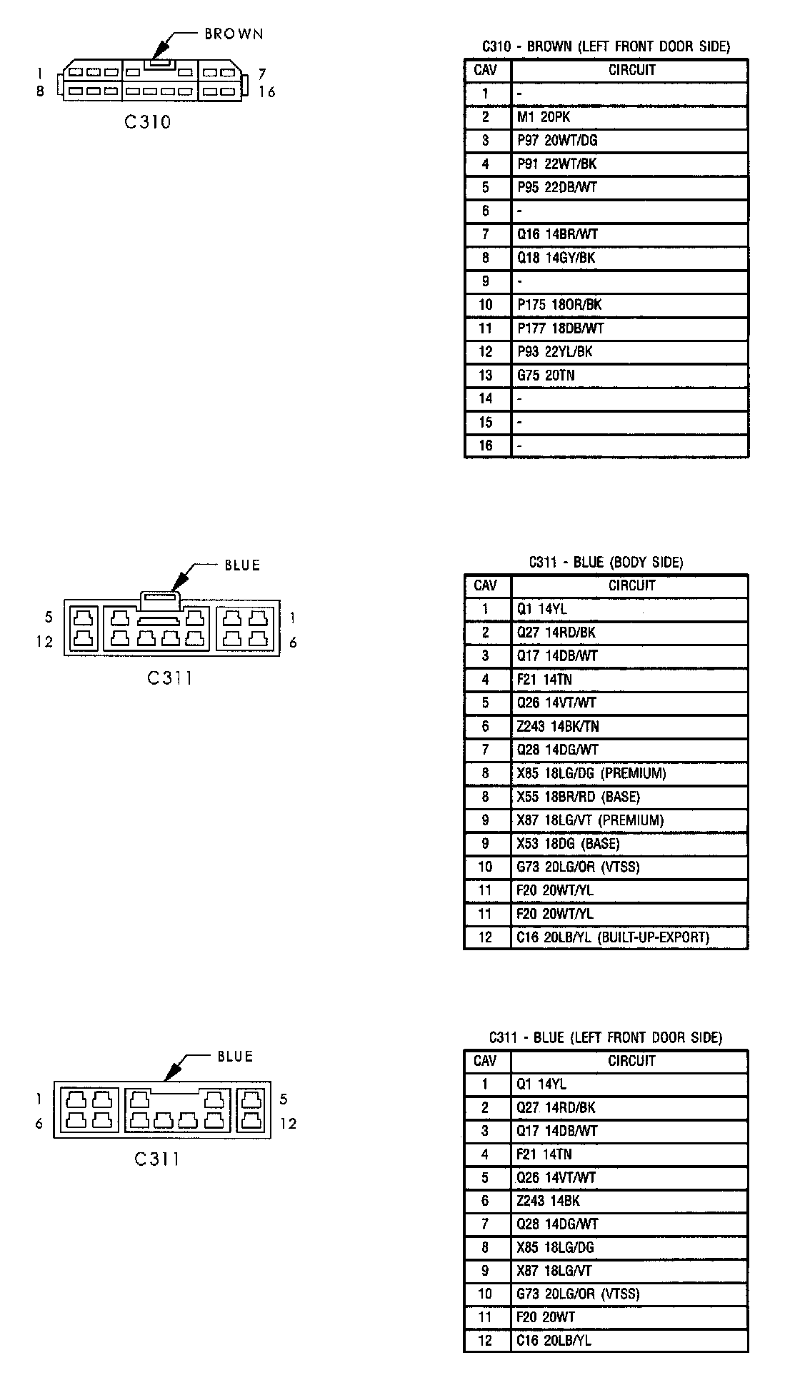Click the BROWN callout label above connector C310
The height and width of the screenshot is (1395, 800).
[x=234, y=34]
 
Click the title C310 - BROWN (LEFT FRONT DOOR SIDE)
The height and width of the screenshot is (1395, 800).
[x=606, y=47]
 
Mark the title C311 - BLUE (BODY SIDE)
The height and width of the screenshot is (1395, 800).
[x=606, y=563]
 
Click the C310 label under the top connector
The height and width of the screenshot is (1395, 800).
[x=148, y=122]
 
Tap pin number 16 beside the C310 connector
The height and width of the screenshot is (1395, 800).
[x=267, y=92]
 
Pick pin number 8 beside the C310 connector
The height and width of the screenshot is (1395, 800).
[x=40, y=91]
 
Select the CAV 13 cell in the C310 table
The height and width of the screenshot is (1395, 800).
[x=486, y=376]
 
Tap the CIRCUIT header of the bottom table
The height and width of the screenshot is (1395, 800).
[x=631, y=1061]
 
